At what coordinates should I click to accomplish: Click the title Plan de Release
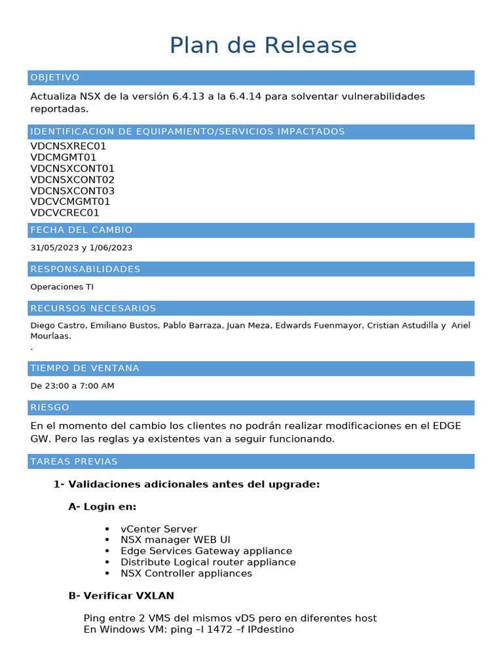click(x=263, y=46)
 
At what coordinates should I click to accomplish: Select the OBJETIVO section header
click(x=55, y=78)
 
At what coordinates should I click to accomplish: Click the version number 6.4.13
click(x=189, y=97)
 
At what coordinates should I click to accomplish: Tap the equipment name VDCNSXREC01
click(x=68, y=147)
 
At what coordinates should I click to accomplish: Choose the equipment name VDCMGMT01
click(x=64, y=158)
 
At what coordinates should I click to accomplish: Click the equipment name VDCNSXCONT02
click(x=73, y=180)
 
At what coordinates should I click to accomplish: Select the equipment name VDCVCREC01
click(x=65, y=213)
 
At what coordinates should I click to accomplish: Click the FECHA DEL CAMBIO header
click(x=81, y=230)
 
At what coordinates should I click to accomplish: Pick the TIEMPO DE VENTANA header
click(x=84, y=368)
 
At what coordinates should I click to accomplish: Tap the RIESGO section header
click(x=50, y=408)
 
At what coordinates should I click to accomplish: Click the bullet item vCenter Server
click(x=158, y=529)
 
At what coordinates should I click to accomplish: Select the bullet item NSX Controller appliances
click(x=186, y=574)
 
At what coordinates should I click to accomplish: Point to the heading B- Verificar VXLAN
click(x=121, y=596)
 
